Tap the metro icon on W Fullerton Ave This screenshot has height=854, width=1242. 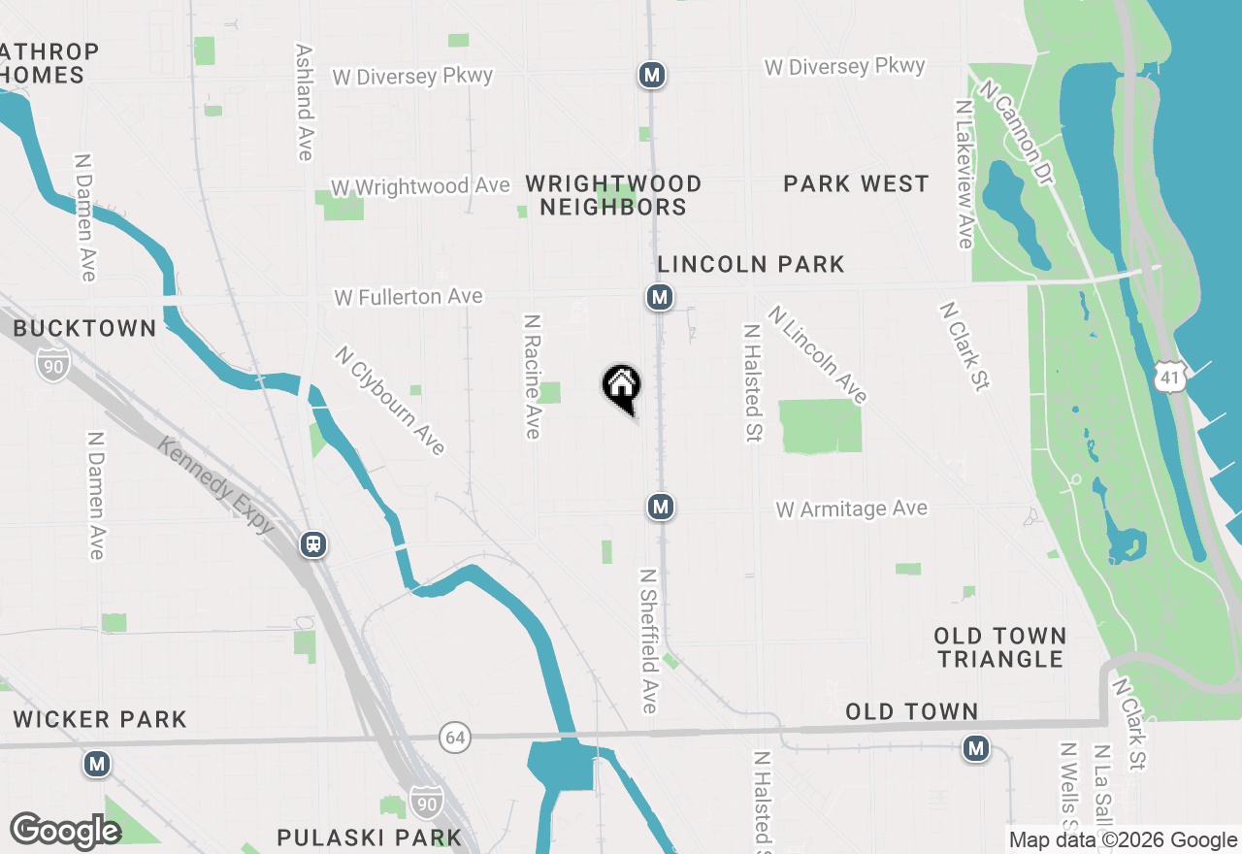[x=660, y=297]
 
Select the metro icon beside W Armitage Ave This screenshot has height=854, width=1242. [x=660, y=507]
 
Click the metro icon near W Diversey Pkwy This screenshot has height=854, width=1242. [x=652, y=75]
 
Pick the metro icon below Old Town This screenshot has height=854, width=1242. [x=976, y=748]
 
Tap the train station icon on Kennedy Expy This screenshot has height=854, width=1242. [x=313, y=544]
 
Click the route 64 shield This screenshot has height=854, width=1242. [x=454, y=738]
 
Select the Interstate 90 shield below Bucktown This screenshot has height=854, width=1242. [x=53, y=363]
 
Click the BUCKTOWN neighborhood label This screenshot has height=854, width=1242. [x=84, y=328]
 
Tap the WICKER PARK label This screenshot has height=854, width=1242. [x=100, y=719]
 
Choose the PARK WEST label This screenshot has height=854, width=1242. [x=856, y=183]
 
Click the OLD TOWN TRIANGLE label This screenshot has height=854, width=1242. [x=1000, y=647]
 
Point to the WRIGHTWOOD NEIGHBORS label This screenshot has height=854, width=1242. [x=613, y=195]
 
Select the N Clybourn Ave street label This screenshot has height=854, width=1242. [x=390, y=400]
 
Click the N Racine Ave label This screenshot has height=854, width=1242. [x=532, y=376]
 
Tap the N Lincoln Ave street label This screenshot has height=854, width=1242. [x=817, y=354]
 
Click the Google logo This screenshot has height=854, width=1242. [x=65, y=831]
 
